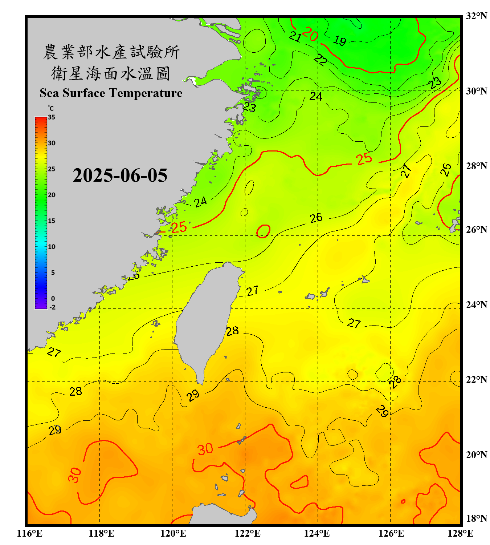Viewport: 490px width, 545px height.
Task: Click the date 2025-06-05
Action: tap(120, 175)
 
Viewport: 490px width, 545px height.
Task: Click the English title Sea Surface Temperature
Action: tap(111, 93)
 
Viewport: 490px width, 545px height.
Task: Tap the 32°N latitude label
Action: tap(476, 16)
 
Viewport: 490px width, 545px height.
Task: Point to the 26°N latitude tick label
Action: tap(476, 230)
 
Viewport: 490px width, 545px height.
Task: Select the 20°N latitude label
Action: tap(476, 455)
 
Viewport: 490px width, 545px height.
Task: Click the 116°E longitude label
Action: tap(30, 533)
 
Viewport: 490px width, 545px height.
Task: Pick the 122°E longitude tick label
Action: tap(248, 533)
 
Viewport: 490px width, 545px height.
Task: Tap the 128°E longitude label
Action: tap(460, 533)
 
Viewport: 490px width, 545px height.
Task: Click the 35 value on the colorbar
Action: tap(52, 117)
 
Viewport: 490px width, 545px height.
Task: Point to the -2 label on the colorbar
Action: tap(52, 307)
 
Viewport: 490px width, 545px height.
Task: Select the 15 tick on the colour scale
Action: tap(52, 221)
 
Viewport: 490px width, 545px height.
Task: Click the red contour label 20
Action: tap(310, 34)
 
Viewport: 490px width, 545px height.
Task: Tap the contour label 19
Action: tap(340, 40)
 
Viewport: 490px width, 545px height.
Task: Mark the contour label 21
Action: tap(295, 36)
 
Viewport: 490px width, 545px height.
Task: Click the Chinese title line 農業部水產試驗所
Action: tap(111, 52)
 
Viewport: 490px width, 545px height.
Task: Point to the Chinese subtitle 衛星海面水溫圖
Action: tap(111, 73)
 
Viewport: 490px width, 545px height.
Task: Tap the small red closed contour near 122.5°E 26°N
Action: tap(264, 231)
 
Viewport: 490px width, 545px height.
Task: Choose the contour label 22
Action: tap(320, 59)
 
